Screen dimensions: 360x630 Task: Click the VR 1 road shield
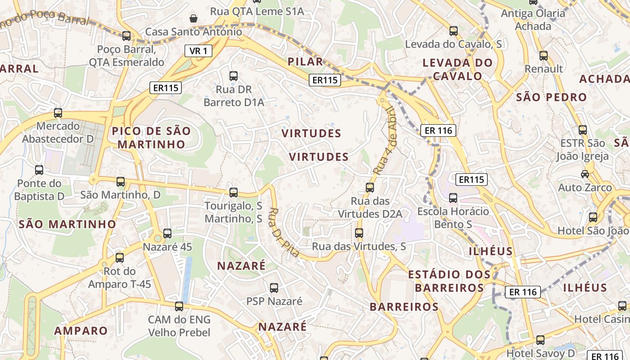198,51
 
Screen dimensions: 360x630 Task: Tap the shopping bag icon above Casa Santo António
193,18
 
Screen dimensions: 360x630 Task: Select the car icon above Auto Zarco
585,174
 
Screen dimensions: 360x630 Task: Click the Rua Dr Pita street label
284,232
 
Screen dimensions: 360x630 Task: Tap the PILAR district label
306,62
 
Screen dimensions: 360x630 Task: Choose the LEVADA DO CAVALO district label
458,69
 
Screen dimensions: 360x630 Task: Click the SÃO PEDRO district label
551,97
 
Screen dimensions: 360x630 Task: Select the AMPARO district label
81,331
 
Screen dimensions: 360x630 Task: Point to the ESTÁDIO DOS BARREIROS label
449,281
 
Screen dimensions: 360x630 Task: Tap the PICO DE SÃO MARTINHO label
151,138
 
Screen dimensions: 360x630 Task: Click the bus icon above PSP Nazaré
274,288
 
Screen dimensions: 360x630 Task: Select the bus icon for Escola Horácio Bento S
453,198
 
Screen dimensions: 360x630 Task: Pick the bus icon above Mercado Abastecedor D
58,113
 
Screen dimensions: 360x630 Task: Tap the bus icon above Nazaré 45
167,234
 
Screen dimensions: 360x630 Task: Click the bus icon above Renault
544,56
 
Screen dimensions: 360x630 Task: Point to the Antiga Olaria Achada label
533,19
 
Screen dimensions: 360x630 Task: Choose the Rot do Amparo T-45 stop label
119,278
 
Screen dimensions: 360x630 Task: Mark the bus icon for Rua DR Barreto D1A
234,76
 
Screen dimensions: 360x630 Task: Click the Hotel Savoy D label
541,353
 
